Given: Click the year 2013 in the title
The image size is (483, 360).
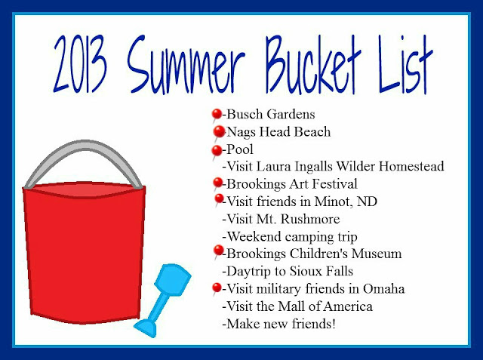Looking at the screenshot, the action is [x=81, y=64].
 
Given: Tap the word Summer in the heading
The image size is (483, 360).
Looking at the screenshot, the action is [x=186, y=64].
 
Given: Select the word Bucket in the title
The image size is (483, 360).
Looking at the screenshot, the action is [x=313, y=64].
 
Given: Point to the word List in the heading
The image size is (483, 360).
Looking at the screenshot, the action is [x=406, y=64].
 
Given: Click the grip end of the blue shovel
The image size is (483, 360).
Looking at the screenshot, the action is [x=145, y=328].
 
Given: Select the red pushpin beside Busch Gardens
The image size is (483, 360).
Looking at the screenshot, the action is [x=217, y=115].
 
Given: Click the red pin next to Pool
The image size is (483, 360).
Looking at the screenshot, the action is [x=217, y=151].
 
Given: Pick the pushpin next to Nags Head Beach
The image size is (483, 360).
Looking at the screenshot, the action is [x=219, y=132].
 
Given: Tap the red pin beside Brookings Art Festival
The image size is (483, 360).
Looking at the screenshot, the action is [x=217, y=183].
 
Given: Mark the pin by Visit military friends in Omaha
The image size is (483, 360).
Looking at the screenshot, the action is [x=217, y=288].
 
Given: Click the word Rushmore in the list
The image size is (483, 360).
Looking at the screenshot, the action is [x=310, y=219].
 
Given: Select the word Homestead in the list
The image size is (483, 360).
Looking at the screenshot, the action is [x=411, y=166].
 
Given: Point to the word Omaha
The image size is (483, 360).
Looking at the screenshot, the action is [x=384, y=289].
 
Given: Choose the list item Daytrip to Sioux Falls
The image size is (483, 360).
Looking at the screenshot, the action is [x=288, y=272].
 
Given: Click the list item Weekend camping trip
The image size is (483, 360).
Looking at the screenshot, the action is [x=290, y=237].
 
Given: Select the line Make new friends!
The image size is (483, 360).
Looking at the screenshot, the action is [x=278, y=324].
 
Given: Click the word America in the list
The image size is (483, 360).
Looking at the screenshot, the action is [x=348, y=306].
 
